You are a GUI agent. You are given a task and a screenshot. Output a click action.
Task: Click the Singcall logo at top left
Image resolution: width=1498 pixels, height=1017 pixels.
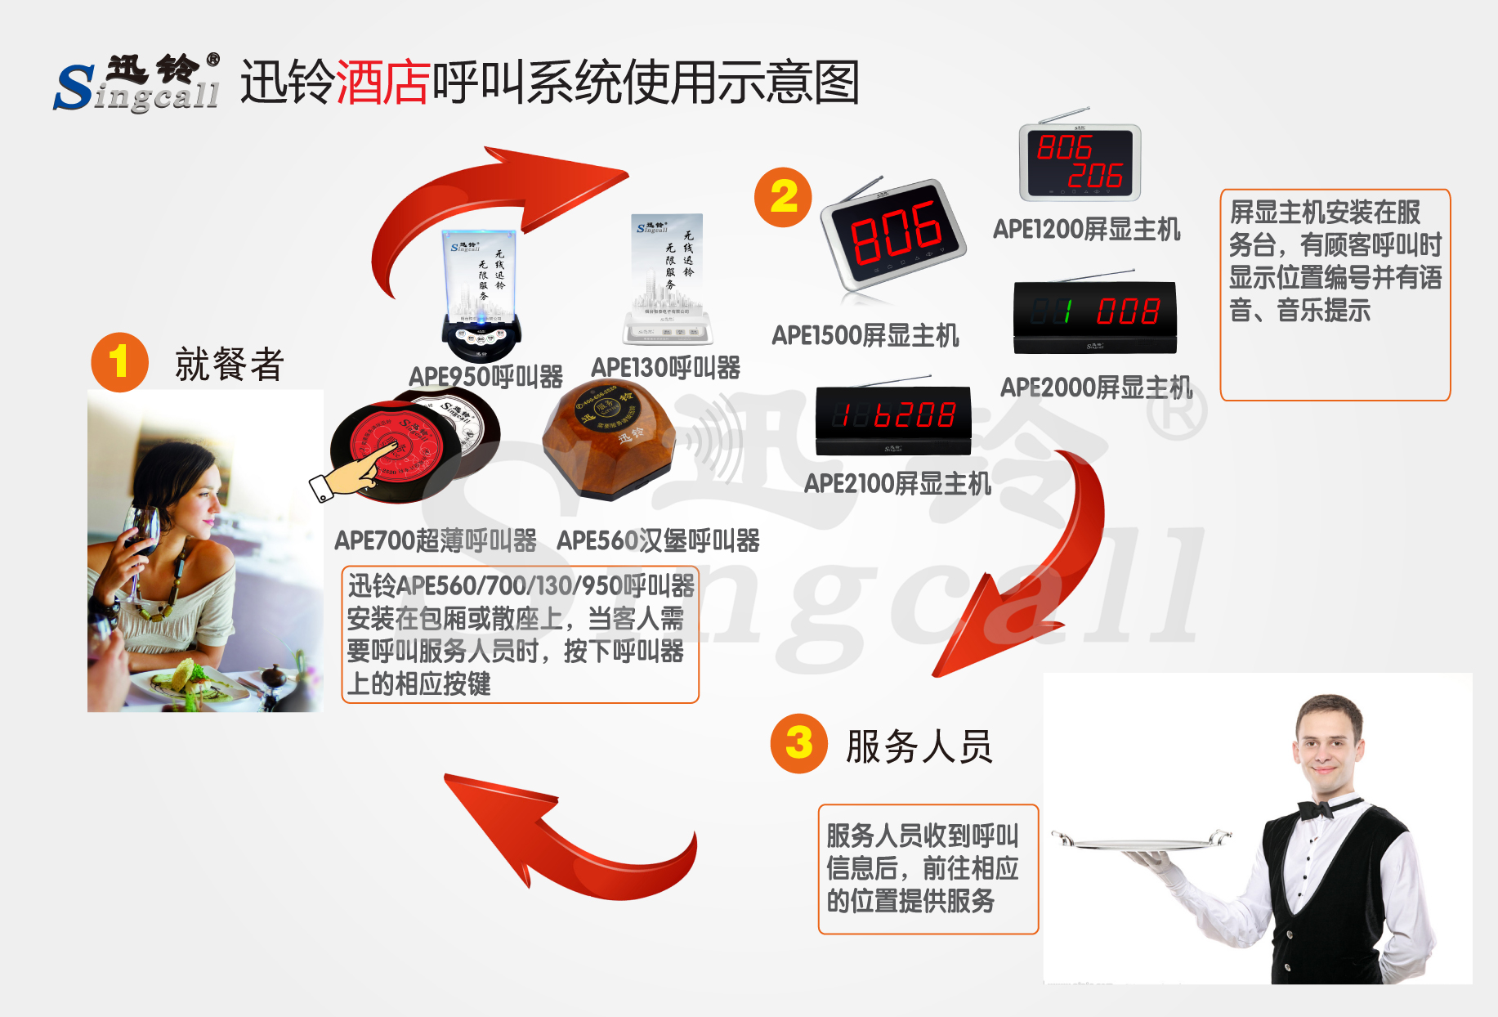[x=137, y=83]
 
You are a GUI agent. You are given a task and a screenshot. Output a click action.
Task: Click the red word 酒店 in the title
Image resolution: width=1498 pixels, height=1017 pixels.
[x=382, y=83]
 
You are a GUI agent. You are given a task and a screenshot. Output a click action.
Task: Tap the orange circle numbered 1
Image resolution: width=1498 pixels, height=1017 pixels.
[x=119, y=362]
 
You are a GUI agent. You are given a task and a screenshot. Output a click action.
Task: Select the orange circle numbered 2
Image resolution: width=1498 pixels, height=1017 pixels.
[x=783, y=197]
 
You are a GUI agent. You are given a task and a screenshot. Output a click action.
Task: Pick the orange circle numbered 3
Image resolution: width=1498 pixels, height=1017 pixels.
[x=798, y=743]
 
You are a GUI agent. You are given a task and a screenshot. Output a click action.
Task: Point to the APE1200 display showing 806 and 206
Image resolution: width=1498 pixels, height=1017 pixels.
[x=1080, y=162]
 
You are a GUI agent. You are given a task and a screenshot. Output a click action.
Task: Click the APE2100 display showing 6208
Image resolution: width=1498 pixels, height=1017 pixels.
[x=893, y=418]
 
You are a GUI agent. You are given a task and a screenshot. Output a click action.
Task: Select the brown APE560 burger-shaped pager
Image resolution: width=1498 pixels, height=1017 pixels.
[x=610, y=439]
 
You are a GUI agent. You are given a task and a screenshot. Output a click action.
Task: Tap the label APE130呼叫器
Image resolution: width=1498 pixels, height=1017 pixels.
[x=665, y=368]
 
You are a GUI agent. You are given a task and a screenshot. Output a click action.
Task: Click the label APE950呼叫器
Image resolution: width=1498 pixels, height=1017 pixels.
[x=485, y=377]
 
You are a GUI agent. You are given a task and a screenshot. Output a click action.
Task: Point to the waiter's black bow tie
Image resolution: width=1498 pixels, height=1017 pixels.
[x=1316, y=809]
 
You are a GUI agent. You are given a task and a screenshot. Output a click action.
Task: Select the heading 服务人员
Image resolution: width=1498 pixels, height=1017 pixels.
[x=919, y=746]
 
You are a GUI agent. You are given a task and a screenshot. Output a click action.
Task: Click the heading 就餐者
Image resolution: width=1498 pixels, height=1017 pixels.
[x=229, y=365]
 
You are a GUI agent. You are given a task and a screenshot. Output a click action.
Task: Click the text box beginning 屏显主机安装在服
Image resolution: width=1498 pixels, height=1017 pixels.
[x=1335, y=294]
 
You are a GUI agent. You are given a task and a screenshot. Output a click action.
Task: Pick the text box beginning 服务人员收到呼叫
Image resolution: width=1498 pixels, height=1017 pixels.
[x=928, y=868]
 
